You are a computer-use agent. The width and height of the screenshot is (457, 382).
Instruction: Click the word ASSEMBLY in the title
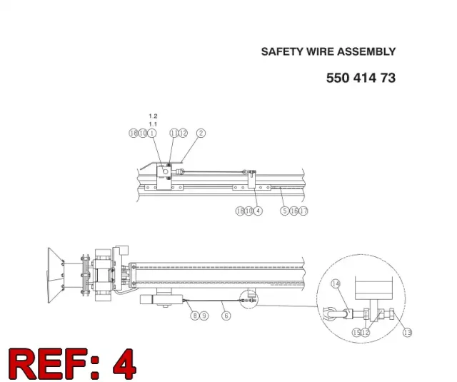[x=366, y=52]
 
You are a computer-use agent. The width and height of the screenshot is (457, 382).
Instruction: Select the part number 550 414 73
[x=361, y=78]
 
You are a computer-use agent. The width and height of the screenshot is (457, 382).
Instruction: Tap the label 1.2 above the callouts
[x=153, y=116]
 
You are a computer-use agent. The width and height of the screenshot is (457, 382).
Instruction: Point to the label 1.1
[x=153, y=124]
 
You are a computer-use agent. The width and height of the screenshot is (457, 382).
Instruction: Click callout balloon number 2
[x=201, y=133]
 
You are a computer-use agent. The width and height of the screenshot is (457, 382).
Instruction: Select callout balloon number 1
[x=152, y=133]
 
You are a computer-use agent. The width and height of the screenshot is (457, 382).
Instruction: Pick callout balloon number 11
[x=174, y=133]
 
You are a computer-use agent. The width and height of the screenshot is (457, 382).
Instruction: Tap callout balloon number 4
[x=258, y=211]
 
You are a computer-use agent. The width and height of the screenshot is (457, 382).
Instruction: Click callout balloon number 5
[x=284, y=211]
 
